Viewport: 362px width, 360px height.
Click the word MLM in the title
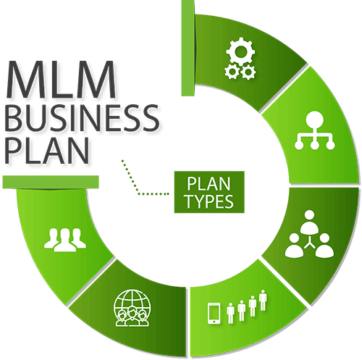61,80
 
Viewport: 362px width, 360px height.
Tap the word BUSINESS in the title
82,118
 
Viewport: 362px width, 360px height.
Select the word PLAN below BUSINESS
47,151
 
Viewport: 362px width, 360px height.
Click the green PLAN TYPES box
209,192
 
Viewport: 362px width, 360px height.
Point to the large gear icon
240,51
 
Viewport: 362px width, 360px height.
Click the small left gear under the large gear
232,72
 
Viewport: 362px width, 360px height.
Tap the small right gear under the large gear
248,72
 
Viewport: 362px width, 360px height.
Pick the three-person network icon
309,233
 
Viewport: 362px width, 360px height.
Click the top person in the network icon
309,222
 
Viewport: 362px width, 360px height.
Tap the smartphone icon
214,313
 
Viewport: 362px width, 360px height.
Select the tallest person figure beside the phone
263,300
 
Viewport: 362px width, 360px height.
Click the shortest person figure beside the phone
231,313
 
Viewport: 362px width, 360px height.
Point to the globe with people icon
132,308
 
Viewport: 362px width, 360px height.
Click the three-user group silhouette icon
65,240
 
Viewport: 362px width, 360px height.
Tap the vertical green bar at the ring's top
188,48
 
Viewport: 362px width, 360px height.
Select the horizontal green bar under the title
51,182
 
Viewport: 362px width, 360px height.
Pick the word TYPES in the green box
209,201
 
